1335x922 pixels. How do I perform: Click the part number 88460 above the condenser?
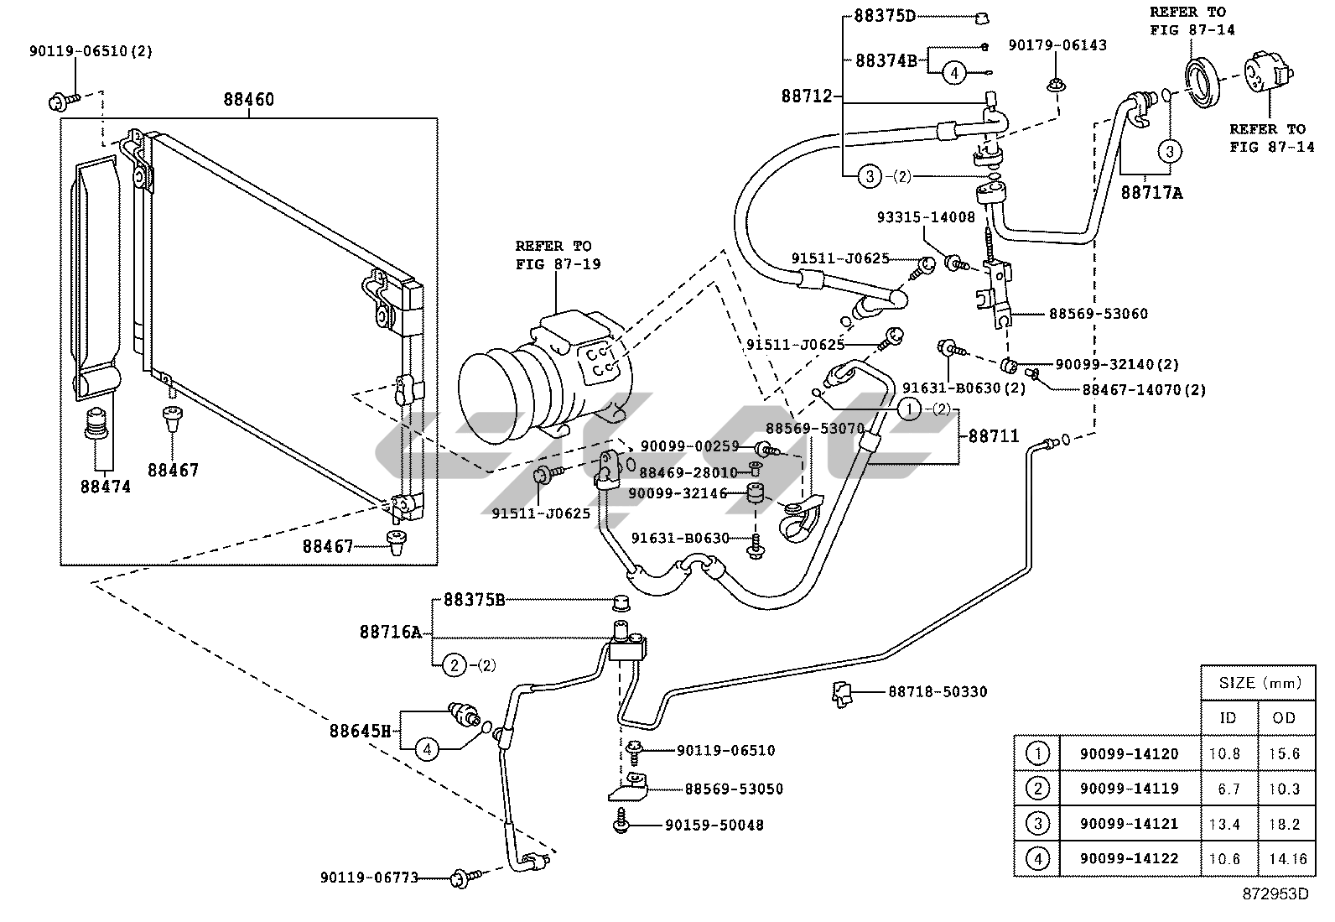(248, 100)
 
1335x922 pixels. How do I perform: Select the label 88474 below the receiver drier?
(106, 486)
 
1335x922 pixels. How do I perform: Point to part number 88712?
(807, 96)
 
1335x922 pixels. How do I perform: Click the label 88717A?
(1151, 193)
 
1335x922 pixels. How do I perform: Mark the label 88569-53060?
(1098, 314)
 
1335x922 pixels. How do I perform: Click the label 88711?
(994, 436)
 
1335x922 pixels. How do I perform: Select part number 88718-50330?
(938, 692)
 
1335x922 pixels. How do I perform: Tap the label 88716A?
(390, 632)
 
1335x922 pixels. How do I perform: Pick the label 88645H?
(360, 731)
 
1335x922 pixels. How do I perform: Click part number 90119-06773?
(369, 877)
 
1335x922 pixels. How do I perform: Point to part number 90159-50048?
(714, 825)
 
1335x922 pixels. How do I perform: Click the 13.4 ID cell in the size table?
(1224, 824)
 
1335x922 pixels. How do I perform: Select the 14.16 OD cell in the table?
(1284, 858)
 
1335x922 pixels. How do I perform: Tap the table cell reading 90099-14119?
(1129, 789)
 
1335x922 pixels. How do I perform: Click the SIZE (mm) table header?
(1258, 683)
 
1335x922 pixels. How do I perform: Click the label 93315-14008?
(925, 217)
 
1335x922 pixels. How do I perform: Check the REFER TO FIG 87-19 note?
(553, 254)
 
